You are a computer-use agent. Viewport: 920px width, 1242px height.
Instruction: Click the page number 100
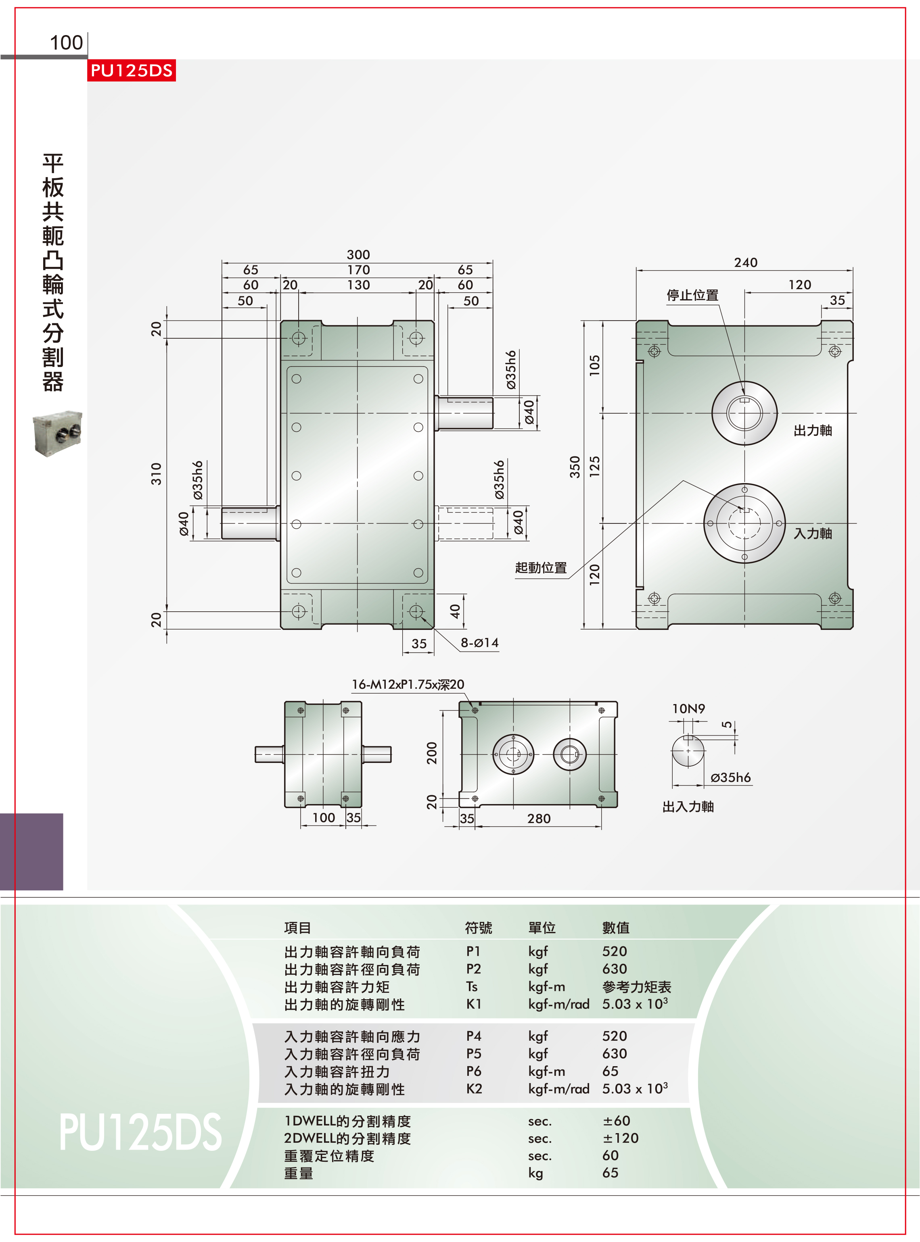pyautogui.click(x=66, y=43)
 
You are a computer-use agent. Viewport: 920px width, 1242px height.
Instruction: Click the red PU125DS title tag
pyautogui.click(x=132, y=71)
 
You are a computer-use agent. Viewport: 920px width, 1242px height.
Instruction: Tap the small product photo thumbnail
pyautogui.click(x=57, y=434)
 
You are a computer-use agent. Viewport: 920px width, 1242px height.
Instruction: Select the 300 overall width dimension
pyautogui.click(x=358, y=254)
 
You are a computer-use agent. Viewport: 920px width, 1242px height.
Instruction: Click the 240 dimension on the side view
pyautogui.click(x=746, y=262)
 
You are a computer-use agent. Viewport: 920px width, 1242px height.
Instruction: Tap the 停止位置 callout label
pyautogui.click(x=693, y=295)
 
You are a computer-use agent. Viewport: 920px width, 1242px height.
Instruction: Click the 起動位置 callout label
pyautogui.click(x=541, y=568)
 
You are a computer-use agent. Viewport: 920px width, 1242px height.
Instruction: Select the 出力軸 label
pyautogui.click(x=813, y=430)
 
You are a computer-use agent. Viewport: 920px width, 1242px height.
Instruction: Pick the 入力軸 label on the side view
pyautogui.click(x=813, y=533)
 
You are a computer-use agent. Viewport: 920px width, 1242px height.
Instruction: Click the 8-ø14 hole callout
pyautogui.click(x=479, y=643)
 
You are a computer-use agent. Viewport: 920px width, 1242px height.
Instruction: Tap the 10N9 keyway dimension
pyautogui.click(x=688, y=709)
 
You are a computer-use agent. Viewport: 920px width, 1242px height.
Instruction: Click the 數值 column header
pyautogui.click(x=616, y=927)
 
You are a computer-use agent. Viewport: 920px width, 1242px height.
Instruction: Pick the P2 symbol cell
pyautogui.click(x=473, y=969)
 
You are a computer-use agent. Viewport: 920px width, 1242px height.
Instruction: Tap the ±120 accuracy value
pyautogui.click(x=620, y=1138)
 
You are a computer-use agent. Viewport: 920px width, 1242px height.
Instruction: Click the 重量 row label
pyautogui.click(x=299, y=1173)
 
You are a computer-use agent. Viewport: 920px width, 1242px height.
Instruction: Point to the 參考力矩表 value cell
pyautogui.click(x=637, y=987)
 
